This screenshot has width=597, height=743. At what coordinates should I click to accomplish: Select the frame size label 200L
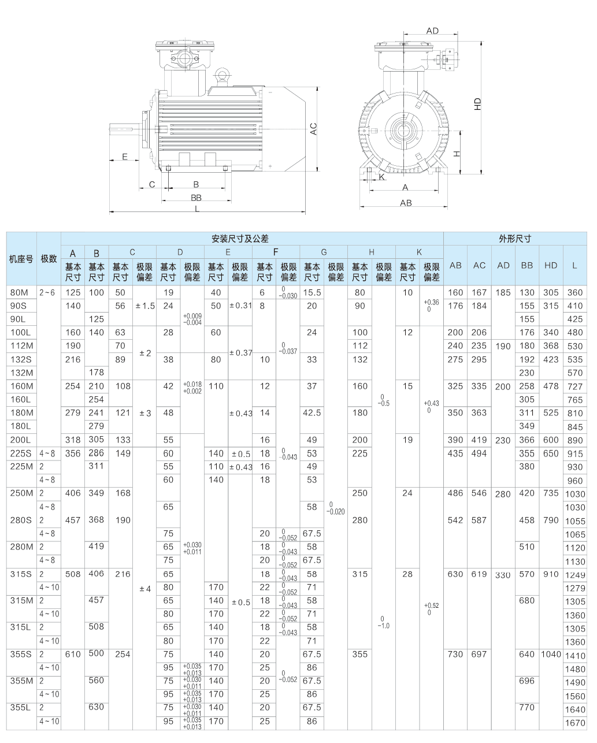[19, 440]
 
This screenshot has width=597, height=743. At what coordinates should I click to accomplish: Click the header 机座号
[21, 258]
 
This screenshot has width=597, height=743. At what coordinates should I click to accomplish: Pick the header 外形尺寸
[514, 238]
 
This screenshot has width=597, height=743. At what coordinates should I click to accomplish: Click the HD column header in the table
[550, 265]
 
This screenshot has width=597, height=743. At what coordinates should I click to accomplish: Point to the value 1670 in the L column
[574, 723]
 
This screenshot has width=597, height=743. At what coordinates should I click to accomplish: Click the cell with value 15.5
[312, 292]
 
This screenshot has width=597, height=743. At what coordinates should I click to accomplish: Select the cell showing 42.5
[312, 413]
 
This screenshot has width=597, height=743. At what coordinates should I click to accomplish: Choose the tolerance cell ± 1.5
[144, 306]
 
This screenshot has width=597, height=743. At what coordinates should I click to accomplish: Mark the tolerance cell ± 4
[144, 589]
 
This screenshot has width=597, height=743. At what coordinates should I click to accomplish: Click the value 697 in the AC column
[479, 654]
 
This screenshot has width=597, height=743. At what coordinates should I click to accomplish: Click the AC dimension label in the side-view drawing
[314, 129]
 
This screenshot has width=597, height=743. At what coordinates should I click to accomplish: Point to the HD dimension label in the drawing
[477, 104]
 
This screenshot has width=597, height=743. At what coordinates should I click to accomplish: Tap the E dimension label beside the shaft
[124, 157]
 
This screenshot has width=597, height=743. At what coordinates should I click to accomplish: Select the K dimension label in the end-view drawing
[381, 177]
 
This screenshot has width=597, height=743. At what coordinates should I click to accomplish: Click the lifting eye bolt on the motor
[222, 75]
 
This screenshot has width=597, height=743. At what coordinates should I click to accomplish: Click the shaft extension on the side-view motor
[124, 129]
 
